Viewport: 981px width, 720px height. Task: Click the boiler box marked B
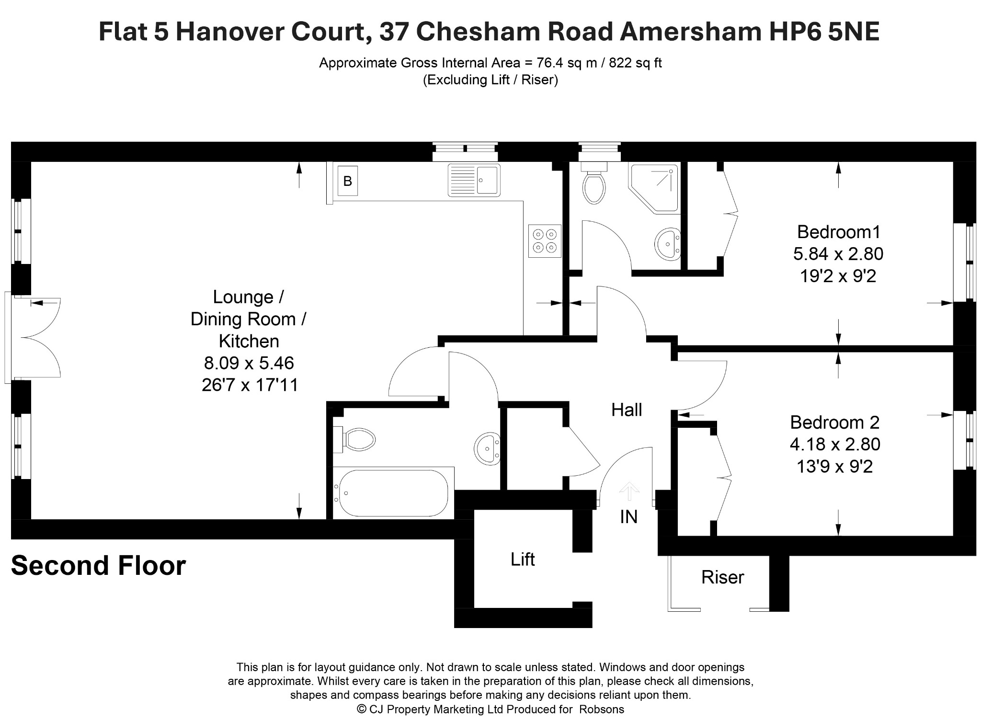(x=347, y=181)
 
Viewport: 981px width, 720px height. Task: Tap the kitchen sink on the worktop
(x=474, y=180)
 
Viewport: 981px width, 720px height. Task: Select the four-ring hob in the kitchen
(x=545, y=241)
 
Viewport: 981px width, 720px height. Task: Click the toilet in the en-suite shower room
(x=594, y=184)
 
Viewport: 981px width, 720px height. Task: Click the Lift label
(x=523, y=559)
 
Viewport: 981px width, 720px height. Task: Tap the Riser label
(x=722, y=577)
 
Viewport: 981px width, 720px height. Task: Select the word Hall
(x=627, y=410)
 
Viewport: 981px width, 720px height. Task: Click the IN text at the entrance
(x=628, y=516)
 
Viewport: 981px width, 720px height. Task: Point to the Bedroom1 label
(x=839, y=232)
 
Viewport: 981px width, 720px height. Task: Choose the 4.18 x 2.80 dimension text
(x=835, y=444)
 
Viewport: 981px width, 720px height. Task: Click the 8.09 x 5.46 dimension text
(x=249, y=363)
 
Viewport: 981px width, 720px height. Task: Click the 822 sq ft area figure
(x=635, y=63)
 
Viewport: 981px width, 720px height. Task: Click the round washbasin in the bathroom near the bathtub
(x=487, y=448)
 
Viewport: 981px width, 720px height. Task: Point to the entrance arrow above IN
(x=629, y=492)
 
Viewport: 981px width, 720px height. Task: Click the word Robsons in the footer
(x=602, y=709)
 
